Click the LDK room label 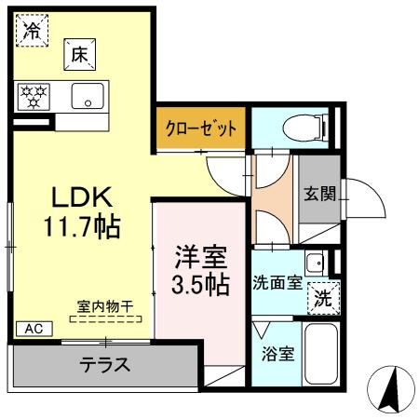coord(81,197)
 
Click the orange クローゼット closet coord(201,128)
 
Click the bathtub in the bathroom coord(322,354)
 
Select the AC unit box coord(33,328)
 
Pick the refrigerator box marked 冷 coord(32,30)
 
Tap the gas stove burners coord(36,95)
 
